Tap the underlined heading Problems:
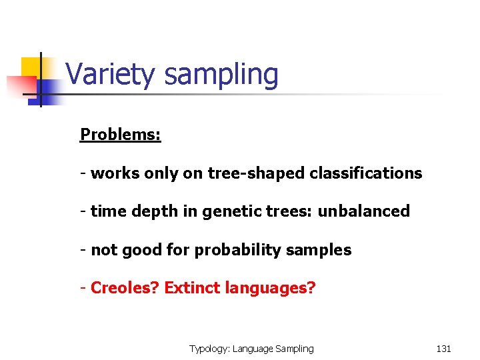[x=121, y=135]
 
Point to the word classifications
[x=365, y=173]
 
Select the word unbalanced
[x=363, y=211]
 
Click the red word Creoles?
[x=125, y=289]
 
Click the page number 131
[x=443, y=349]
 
